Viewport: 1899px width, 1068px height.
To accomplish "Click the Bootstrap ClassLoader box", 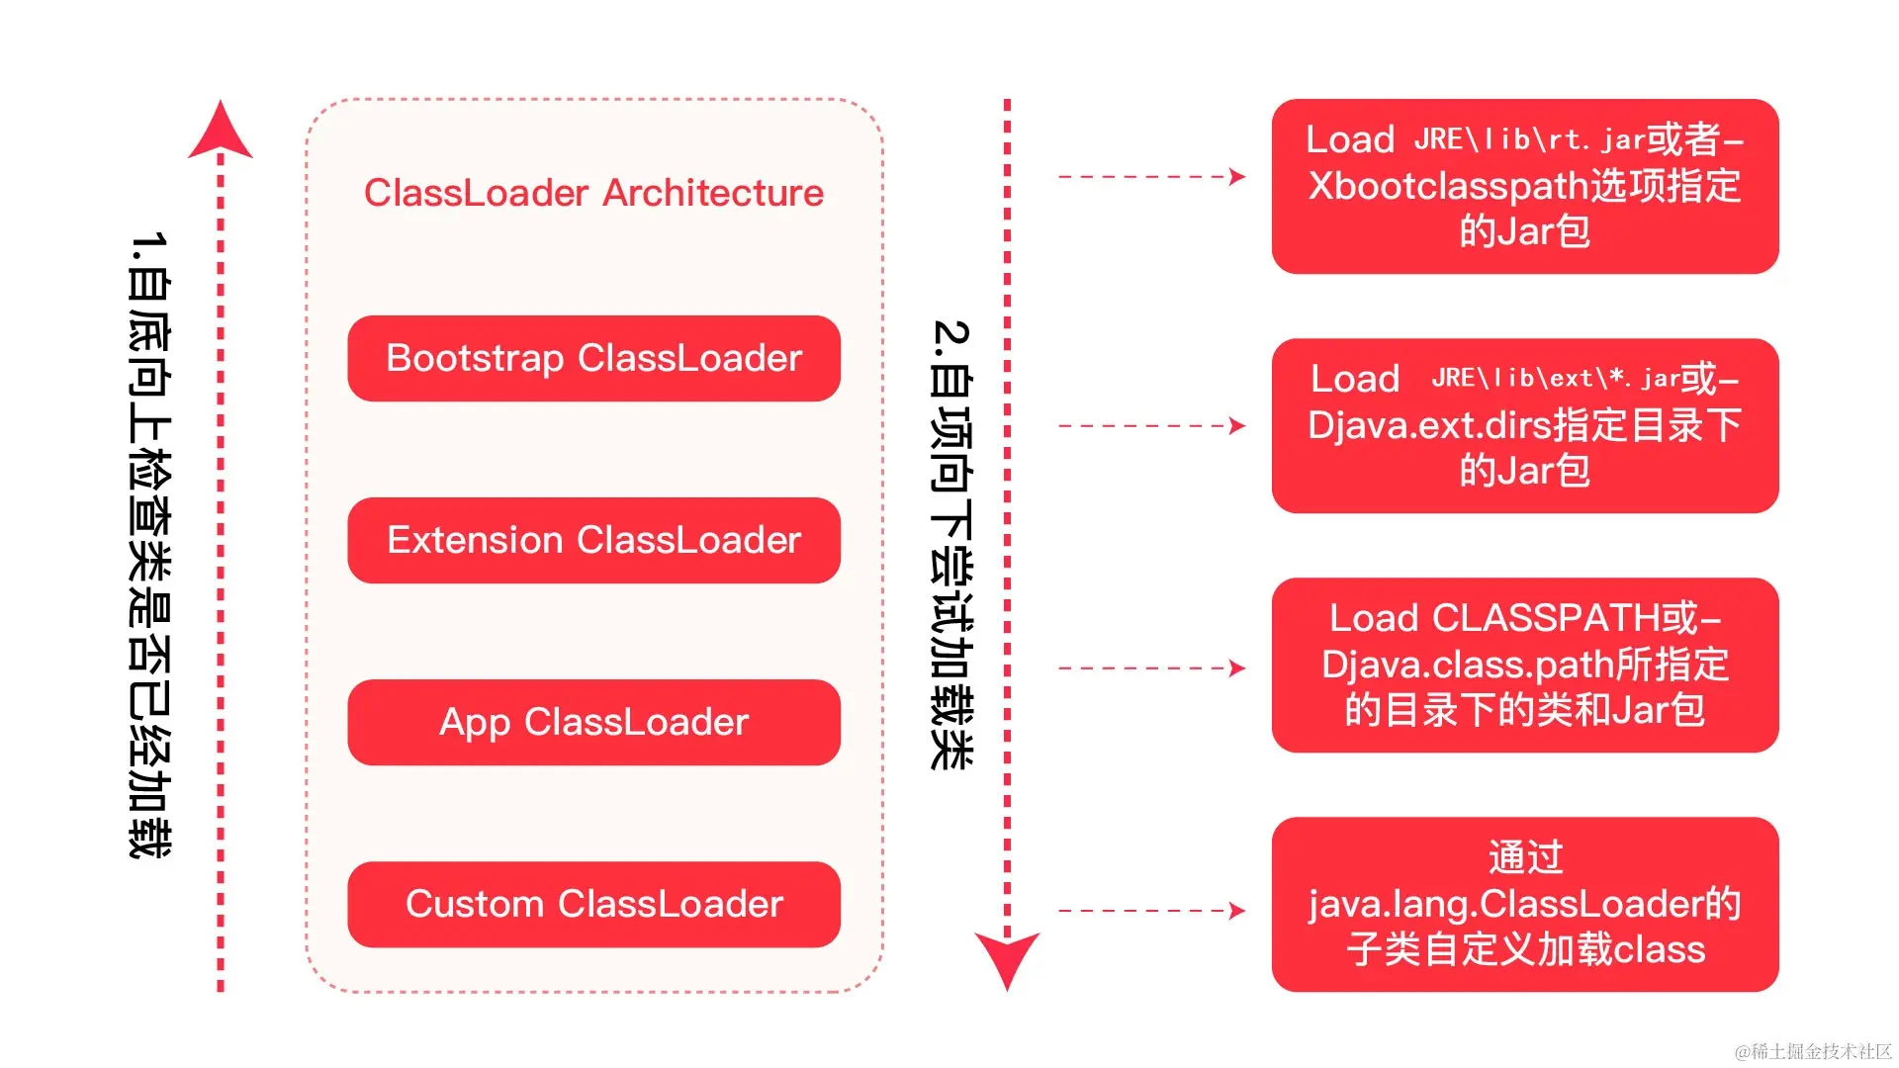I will point(593,358).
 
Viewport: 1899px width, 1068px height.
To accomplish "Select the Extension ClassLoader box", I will point(593,540).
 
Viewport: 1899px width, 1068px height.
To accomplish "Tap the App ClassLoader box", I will point(593,722).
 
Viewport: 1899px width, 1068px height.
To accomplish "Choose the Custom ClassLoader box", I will point(593,904).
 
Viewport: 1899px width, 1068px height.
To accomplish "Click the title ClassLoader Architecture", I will point(593,193).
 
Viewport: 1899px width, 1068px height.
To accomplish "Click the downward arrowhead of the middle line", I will point(1007,957).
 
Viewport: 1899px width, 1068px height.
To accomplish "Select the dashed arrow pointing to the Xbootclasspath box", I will point(1151,177).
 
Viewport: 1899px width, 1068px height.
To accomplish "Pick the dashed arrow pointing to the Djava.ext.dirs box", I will point(1151,426).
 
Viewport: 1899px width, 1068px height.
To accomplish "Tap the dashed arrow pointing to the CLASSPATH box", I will point(1151,668).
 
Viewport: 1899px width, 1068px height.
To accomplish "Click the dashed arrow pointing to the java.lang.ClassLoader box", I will point(1151,911).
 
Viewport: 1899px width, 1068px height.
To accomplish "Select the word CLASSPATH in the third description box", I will point(1545,618).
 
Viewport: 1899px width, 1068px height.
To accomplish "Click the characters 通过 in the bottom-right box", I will point(1525,856).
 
